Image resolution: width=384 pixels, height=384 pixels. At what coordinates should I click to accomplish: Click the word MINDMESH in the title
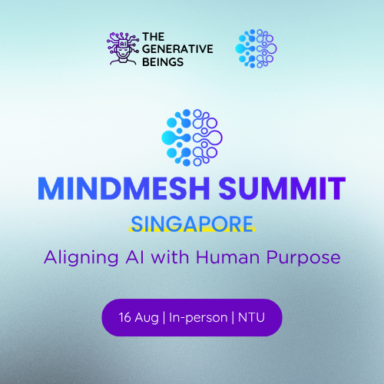[124, 188]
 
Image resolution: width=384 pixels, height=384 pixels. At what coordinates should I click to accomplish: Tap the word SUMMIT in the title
[282, 188]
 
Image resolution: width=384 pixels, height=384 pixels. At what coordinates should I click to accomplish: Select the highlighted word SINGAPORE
[192, 223]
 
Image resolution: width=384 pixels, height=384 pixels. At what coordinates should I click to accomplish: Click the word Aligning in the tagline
[81, 258]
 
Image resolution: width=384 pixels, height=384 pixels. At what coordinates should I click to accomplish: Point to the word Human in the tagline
[228, 257]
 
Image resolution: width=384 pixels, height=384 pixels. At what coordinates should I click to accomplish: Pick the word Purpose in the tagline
[303, 258]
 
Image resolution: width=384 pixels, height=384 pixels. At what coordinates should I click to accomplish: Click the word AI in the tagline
[134, 257]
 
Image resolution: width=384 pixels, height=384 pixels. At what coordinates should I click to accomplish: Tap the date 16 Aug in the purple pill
[138, 318]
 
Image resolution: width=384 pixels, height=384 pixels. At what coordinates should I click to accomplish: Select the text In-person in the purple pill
[198, 318]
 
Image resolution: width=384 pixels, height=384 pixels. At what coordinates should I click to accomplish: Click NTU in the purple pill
[251, 317]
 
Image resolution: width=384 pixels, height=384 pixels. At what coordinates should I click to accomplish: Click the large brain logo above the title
[192, 137]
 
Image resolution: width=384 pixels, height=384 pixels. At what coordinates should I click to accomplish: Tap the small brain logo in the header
[256, 48]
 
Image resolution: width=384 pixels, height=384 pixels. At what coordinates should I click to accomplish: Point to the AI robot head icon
[123, 48]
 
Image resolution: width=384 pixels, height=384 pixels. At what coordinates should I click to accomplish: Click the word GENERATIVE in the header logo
[177, 49]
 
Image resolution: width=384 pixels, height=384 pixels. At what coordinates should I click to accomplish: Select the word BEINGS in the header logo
[163, 62]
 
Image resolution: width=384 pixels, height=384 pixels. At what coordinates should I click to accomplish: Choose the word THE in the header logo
[154, 37]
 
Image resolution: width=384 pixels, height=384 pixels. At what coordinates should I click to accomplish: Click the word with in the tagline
[170, 257]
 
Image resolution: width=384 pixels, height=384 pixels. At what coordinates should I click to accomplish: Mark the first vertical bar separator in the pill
[164, 318]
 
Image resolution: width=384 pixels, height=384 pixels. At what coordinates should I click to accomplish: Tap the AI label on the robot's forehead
[123, 44]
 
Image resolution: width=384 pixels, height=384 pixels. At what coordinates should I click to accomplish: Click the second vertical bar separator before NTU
[233, 318]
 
